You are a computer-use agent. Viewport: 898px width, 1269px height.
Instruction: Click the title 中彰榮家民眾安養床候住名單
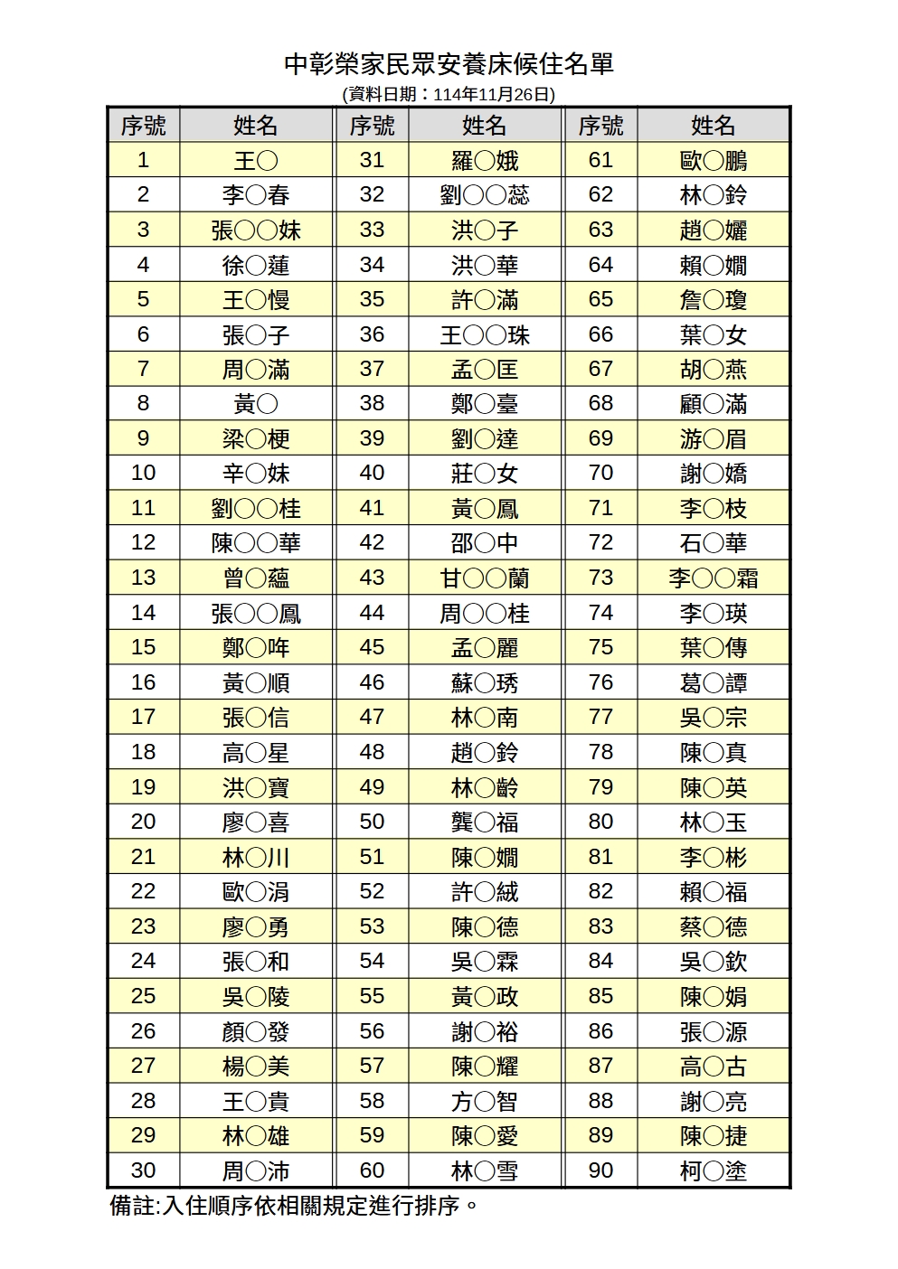[x=449, y=64]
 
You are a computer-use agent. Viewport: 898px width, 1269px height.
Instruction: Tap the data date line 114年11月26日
[x=449, y=94]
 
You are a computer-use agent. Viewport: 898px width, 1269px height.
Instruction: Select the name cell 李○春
[x=256, y=195]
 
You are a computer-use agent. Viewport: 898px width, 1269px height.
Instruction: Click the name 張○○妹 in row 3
[x=256, y=230]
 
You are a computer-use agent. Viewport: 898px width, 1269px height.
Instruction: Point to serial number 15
[x=143, y=648]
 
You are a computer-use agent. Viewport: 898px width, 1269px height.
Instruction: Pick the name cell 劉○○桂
[x=256, y=509]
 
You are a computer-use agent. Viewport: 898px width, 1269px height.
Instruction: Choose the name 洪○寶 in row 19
[x=256, y=788]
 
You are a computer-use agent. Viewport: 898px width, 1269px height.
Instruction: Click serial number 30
[x=143, y=1171]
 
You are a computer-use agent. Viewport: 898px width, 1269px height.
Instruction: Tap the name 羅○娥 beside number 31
[x=485, y=161]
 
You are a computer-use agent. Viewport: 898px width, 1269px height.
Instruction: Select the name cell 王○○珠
[x=485, y=335]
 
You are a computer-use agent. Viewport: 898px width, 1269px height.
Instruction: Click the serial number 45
[x=372, y=648]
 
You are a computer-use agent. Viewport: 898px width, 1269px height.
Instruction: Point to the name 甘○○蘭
[x=485, y=578]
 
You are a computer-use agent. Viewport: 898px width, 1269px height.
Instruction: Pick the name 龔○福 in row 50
[x=485, y=822]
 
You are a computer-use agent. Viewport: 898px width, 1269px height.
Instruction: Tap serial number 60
[x=372, y=1171]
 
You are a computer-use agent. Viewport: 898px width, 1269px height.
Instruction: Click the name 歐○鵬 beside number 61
[x=714, y=161]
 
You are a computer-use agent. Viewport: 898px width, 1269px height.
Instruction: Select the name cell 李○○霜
[x=714, y=578]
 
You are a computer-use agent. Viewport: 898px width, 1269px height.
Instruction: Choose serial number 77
[x=600, y=718]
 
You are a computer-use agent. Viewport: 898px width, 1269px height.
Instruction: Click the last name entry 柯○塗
[x=714, y=1171]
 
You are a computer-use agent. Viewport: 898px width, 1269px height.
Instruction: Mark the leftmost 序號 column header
[x=143, y=126]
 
